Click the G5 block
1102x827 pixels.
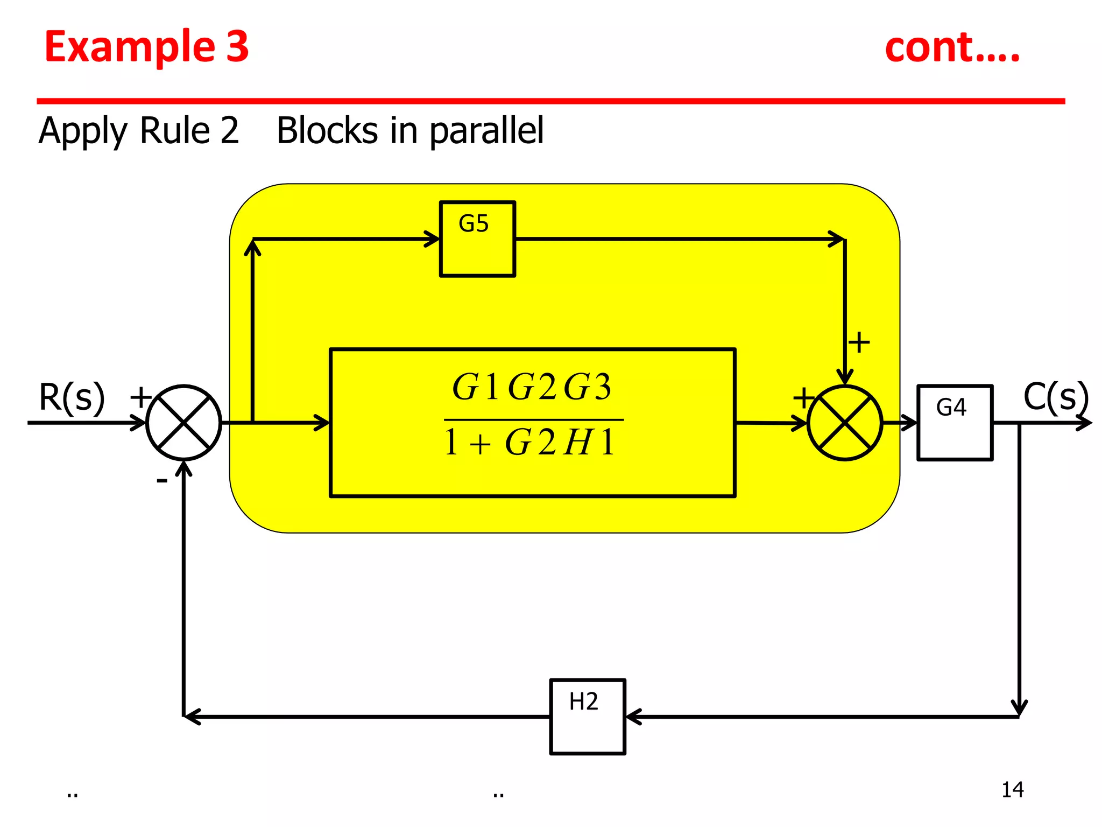pyautogui.click(x=477, y=239)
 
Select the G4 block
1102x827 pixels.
pyautogui.click(x=955, y=423)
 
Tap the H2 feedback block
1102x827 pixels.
pyautogui.click(x=587, y=717)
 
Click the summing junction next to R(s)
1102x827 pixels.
pyautogui.click(x=184, y=423)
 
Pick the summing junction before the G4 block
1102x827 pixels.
pyautogui.click(x=845, y=423)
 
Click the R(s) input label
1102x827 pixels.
pyautogui.click(x=72, y=398)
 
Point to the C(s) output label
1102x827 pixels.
pyautogui.click(x=1055, y=397)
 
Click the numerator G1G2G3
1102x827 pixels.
pyautogui.click(x=532, y=387)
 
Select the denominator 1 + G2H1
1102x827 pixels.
pyautogui.click(x=530, y=443)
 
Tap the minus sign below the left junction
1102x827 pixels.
pyautogui.click(x=162, y=480)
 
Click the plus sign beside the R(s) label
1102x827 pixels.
pyautogui.click(x=141, y=397)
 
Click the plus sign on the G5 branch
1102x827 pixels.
pyautogui.click(x=859, y=342)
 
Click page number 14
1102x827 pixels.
pyautogui.click(x=1012, y=790)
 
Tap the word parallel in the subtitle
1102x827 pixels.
pyautogui.click(x=486, y=131)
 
